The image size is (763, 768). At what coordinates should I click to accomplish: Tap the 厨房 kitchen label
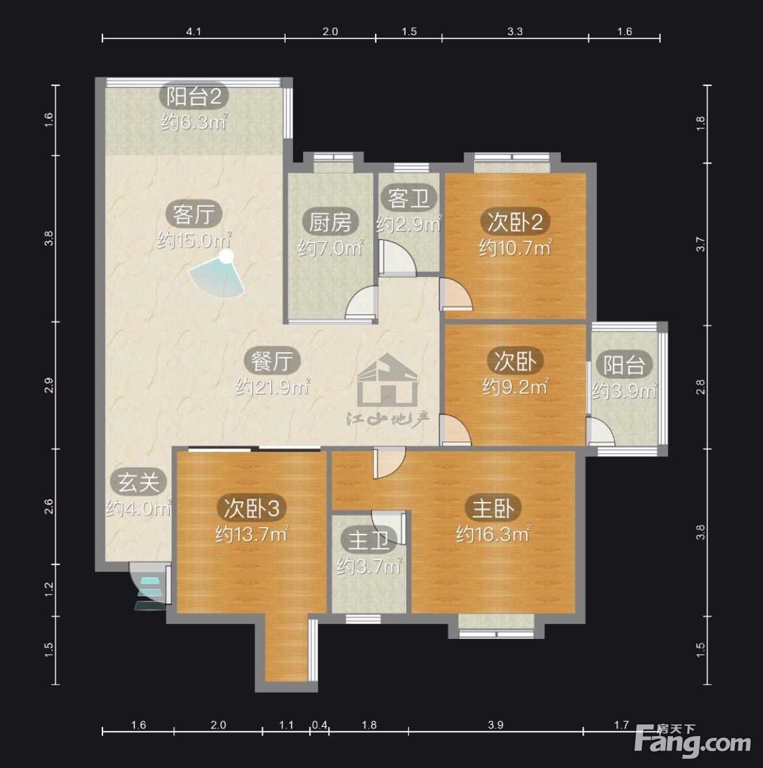pyautogui.click(x=330, y=222)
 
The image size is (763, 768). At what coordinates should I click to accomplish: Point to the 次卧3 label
pyautogui.click(x=251, y=509)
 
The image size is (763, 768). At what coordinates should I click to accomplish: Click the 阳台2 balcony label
pyautogui.click(x=194, y=96)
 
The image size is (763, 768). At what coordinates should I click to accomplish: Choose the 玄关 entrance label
pyautogui.click(x=138, y=482)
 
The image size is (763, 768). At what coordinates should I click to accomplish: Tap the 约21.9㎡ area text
pyautogui.click(x=273, y=387)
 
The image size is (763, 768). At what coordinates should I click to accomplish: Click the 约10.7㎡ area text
pyautogui.click(x=515, y=248)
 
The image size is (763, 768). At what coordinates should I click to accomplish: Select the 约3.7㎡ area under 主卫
pyautogui.click(x=369, y=567)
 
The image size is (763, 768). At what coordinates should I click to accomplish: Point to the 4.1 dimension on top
pyautogui.click(x=194, y=31)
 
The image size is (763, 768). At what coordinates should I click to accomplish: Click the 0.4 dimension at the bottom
pyautogui.click(x=320, y=724)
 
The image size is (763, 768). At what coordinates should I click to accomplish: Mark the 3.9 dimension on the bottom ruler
pyautogui.click(x=496, y=724)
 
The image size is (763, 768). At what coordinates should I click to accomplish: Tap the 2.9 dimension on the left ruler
pyautogui.click(x=48, y=386)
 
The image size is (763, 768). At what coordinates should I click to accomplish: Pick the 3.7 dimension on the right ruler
pyautogui.click(x=701, y=244)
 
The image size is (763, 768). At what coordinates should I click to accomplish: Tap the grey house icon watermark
pyautogui.click(x=387, y=380)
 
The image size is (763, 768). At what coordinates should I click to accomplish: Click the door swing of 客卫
pyautogui.click(x=398, y=258)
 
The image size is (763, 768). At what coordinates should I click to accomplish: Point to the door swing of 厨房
pyautogui.click(x=362, y=303)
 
